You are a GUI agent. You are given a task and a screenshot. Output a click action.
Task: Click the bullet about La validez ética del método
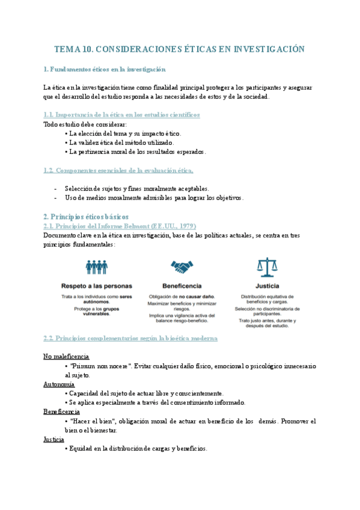[122, 143]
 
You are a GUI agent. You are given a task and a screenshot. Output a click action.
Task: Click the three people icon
[96, 266]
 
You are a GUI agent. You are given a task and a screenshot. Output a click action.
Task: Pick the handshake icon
[182, 266]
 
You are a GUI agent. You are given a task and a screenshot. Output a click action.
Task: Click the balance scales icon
[263, 266]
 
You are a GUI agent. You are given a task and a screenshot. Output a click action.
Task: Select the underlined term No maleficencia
[67, 357]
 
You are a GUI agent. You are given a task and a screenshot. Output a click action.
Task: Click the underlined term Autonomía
[59, 384]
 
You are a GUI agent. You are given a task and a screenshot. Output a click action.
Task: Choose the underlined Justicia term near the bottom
[55, 440]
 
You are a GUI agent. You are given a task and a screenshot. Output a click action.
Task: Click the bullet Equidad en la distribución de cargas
[138, 449]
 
